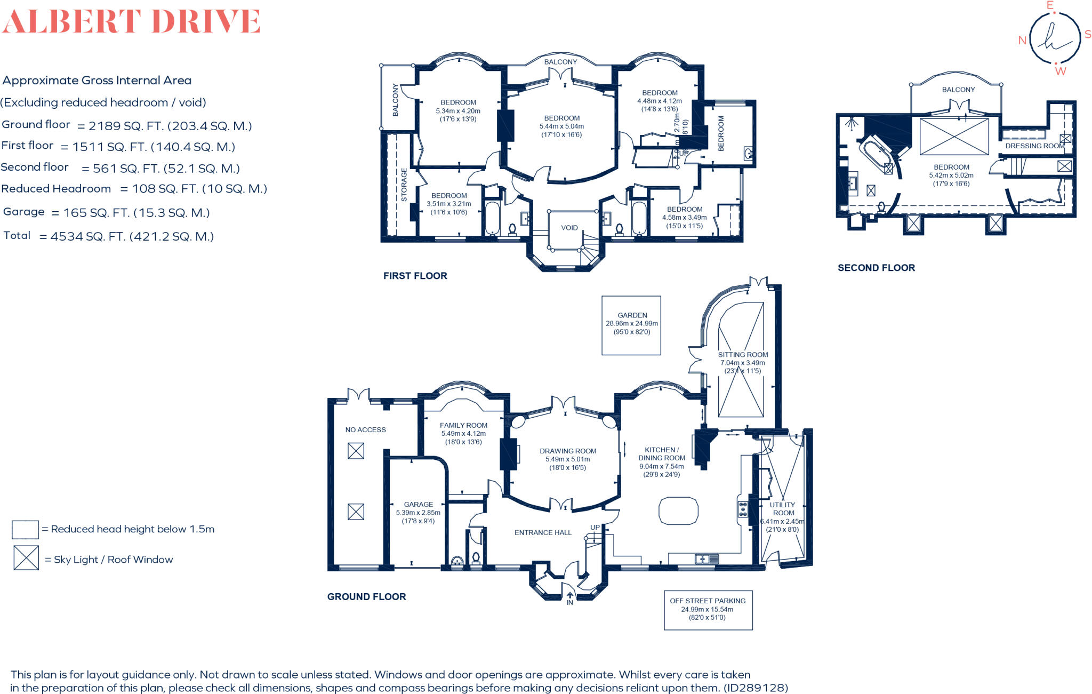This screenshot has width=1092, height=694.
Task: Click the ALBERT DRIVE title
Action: (131, 22)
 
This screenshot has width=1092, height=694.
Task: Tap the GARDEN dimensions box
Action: (631, 325)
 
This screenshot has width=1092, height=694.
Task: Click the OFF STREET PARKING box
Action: (708, 609)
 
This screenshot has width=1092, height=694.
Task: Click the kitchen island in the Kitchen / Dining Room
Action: (678, 511)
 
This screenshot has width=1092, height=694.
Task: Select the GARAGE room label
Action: (418, 504)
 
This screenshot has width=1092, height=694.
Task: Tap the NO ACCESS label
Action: (365, 429)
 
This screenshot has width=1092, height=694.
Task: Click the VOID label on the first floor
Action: (569, 228)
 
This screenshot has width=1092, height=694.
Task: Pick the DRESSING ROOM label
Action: (1034, 146)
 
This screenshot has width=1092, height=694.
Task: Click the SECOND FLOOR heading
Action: (876, 268)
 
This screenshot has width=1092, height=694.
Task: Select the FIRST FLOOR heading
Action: (415, 276)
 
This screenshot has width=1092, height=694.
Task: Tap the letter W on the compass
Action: (1060, 71)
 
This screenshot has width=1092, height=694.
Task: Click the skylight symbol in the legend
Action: (26, 558)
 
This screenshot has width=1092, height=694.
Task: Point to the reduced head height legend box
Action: (25, 529)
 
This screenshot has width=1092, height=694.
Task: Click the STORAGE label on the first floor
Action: (404, 185)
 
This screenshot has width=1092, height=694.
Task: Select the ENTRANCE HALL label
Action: (542, 532)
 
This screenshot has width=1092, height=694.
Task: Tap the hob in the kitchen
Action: (742, 509)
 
